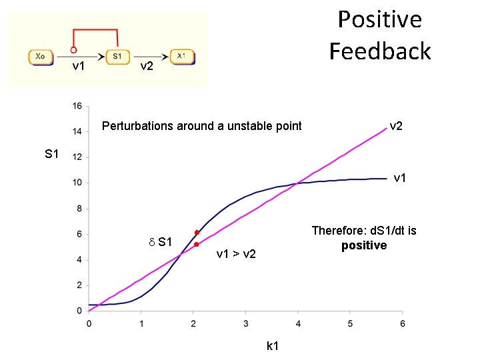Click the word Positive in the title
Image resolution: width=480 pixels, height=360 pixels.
point(379,19)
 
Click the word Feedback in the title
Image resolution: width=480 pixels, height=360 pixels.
point(379,51)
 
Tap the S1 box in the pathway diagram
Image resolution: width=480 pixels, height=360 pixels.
point(117,57)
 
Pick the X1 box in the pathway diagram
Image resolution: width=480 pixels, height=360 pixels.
point(181,57)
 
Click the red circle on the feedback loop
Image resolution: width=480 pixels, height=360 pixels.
point(73,49)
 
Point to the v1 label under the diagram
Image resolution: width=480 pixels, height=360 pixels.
point(78,67)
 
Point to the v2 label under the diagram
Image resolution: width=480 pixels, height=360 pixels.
point(146,67)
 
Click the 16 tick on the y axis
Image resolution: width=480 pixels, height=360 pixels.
point(77,106)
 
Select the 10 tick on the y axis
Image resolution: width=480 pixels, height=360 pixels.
point(77,183)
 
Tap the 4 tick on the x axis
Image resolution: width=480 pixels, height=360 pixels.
point(298,323)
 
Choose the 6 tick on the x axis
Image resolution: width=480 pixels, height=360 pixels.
point(402,323)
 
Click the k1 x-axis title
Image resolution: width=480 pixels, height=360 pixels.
point(272,346)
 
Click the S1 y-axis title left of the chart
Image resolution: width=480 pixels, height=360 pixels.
point(52,155)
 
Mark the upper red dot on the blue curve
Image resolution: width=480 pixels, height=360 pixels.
point(197,233)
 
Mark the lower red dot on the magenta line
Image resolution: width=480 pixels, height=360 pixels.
point(196,245)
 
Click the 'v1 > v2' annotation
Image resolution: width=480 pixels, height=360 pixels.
point(236,254)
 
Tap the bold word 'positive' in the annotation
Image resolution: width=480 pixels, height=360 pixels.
point(364,245)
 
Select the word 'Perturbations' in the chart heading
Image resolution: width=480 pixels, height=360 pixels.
point(134,126)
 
